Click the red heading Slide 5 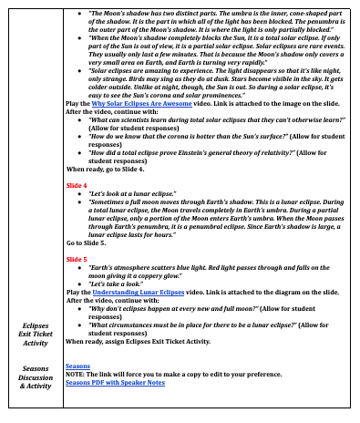point(77,259)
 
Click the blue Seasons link point(77,366)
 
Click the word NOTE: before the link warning point(77,374)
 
